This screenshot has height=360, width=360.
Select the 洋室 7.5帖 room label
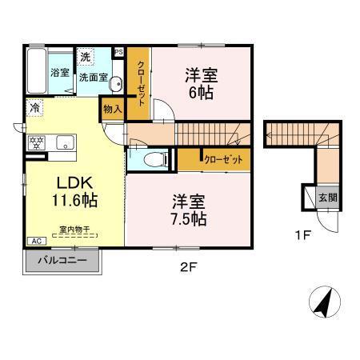187,209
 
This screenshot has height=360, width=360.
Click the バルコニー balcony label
62,261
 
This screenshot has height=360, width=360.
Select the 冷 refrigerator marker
35,107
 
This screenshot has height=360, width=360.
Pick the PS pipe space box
119,53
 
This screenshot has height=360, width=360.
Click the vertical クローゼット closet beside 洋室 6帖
141,84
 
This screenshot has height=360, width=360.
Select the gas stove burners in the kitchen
35,143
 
